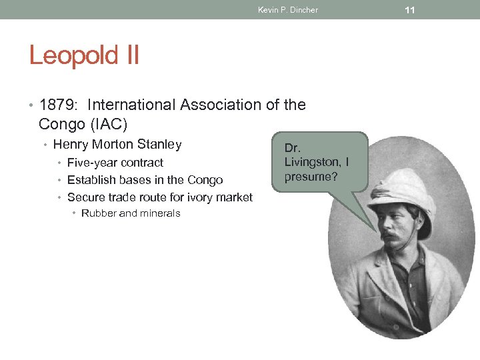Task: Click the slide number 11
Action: [x=410, y=9]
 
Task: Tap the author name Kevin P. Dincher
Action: [x=288, y=10]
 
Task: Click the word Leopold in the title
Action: [x=71, y=55]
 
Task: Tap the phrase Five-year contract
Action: [x=115, y=163]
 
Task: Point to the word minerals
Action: [x=160, y=213]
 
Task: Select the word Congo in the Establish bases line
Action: [x=206, y=180]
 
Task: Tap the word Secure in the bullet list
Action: [x=85, y=197]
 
